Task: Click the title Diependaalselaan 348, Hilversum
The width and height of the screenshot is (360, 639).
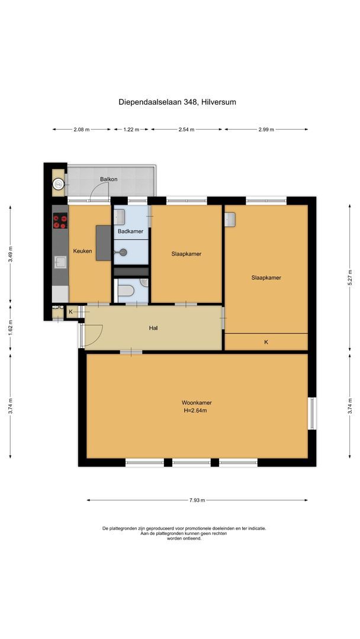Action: pos(177,102)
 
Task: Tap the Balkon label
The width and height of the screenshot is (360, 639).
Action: pos(108,179)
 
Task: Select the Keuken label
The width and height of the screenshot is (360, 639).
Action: pos(82,251)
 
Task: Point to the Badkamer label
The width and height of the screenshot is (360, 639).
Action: pos(130,231)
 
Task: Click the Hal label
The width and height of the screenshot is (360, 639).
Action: pos(153,328)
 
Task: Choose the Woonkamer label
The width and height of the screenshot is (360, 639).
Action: pos(197,403)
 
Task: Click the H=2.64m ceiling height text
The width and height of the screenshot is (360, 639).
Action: pos(197,410)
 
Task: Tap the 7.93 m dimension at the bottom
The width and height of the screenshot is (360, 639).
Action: pos(197,500)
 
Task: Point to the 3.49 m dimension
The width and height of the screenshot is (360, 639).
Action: pos(10,254)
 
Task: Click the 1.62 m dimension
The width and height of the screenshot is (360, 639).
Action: pos(10,328)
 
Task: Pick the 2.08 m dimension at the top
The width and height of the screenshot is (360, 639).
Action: pos(81,129)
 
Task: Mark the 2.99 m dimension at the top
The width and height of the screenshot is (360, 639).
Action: pos(266,129)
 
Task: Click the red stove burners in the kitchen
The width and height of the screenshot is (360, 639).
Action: pos(60,221)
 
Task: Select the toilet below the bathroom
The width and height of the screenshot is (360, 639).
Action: pos(126,291)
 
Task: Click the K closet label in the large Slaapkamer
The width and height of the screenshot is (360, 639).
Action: pos(266,342)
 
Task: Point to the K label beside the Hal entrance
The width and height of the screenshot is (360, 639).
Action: pos(70,311)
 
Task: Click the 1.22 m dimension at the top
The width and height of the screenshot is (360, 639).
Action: pos(131,129)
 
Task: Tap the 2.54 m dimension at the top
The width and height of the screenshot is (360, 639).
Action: pos(187,129)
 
